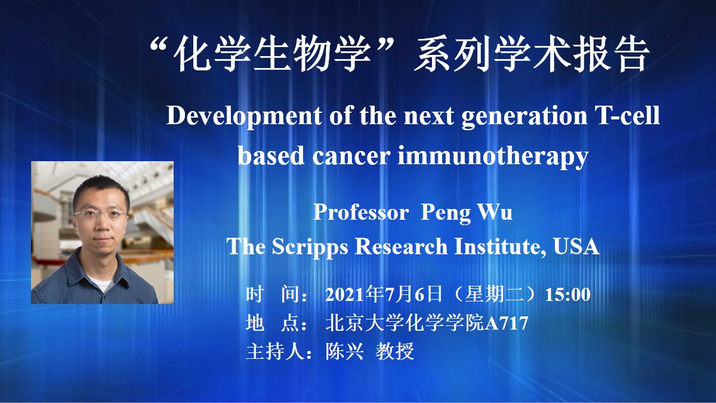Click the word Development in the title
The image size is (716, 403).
click(244, 116)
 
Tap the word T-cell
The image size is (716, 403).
click(628, 115)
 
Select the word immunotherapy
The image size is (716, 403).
click(493, 156)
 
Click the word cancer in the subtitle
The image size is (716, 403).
click(351, 156)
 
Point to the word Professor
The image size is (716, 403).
click(360, 212)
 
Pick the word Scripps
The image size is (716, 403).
click(310, 247)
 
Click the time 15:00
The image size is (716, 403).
click(567, 294)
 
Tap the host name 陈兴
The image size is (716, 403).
click(345, 351)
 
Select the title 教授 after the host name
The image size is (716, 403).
click(395, 351)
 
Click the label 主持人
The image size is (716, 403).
click(275, 351)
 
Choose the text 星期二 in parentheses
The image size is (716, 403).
click(494, 294)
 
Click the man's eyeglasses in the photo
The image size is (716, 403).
click(100, 214)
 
